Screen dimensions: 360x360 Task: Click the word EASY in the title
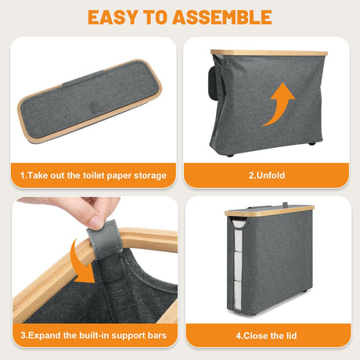tap(113, 17)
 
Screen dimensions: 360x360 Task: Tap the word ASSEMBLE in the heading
tap(222, 17)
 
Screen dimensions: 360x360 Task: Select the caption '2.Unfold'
tap(267, 175)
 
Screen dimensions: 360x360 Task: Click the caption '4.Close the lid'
tap(266, 336)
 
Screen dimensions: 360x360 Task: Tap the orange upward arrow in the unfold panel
tap(279, 104)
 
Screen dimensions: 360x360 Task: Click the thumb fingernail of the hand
tap(95, 223)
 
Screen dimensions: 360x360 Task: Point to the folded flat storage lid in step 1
tap(89, 101)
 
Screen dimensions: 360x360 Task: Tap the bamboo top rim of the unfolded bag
tap(269, 52)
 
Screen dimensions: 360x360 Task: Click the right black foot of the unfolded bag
tap(312, 143)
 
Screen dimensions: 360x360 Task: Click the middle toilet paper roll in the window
tap(239, 266)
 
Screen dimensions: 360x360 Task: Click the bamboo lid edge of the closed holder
tap(269, 211)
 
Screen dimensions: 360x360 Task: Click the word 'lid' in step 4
tap(292, 336)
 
